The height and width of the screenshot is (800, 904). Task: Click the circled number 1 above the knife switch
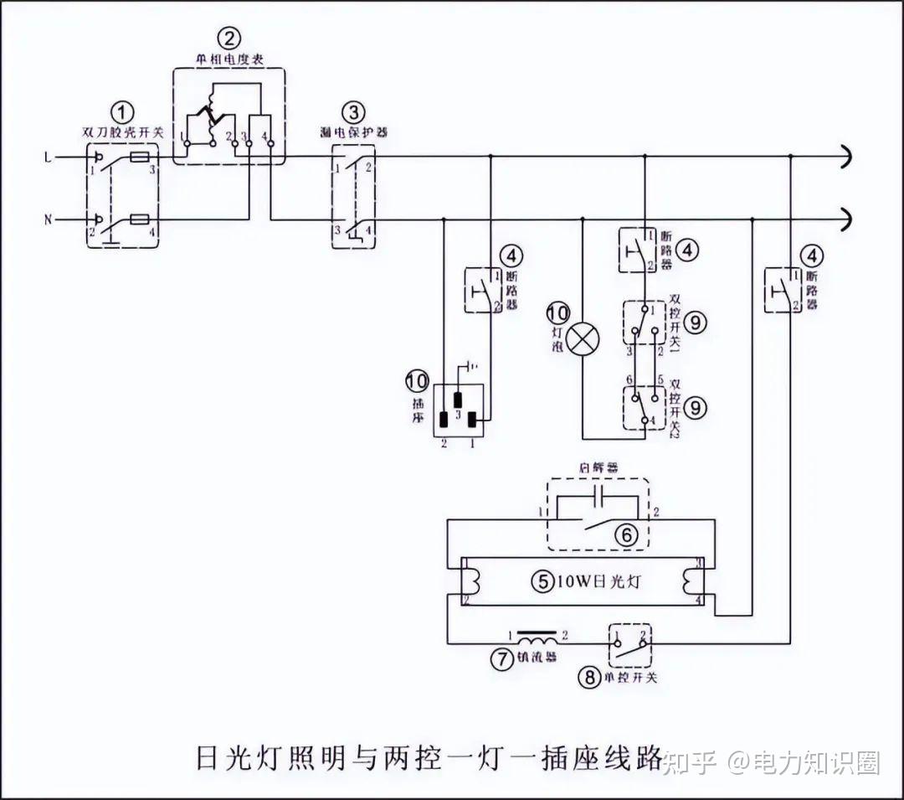(124, 111)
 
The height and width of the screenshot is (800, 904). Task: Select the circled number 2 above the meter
(229, 38)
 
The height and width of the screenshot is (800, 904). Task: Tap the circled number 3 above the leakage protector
(353, 111)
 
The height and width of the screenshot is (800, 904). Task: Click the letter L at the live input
(48, 157)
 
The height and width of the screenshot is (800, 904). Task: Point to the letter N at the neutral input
(48, 220)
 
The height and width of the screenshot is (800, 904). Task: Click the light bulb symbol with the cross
(583, 339)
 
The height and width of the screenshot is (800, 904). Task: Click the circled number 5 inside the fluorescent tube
(544, 581)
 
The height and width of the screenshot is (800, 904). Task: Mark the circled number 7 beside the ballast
(501, 659)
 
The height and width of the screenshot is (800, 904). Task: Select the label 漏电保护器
(353, 132)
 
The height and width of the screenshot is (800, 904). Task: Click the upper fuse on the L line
(142, 157)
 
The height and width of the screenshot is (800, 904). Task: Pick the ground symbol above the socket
(474, 365)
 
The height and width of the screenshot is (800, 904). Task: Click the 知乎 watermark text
(691, 763)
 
